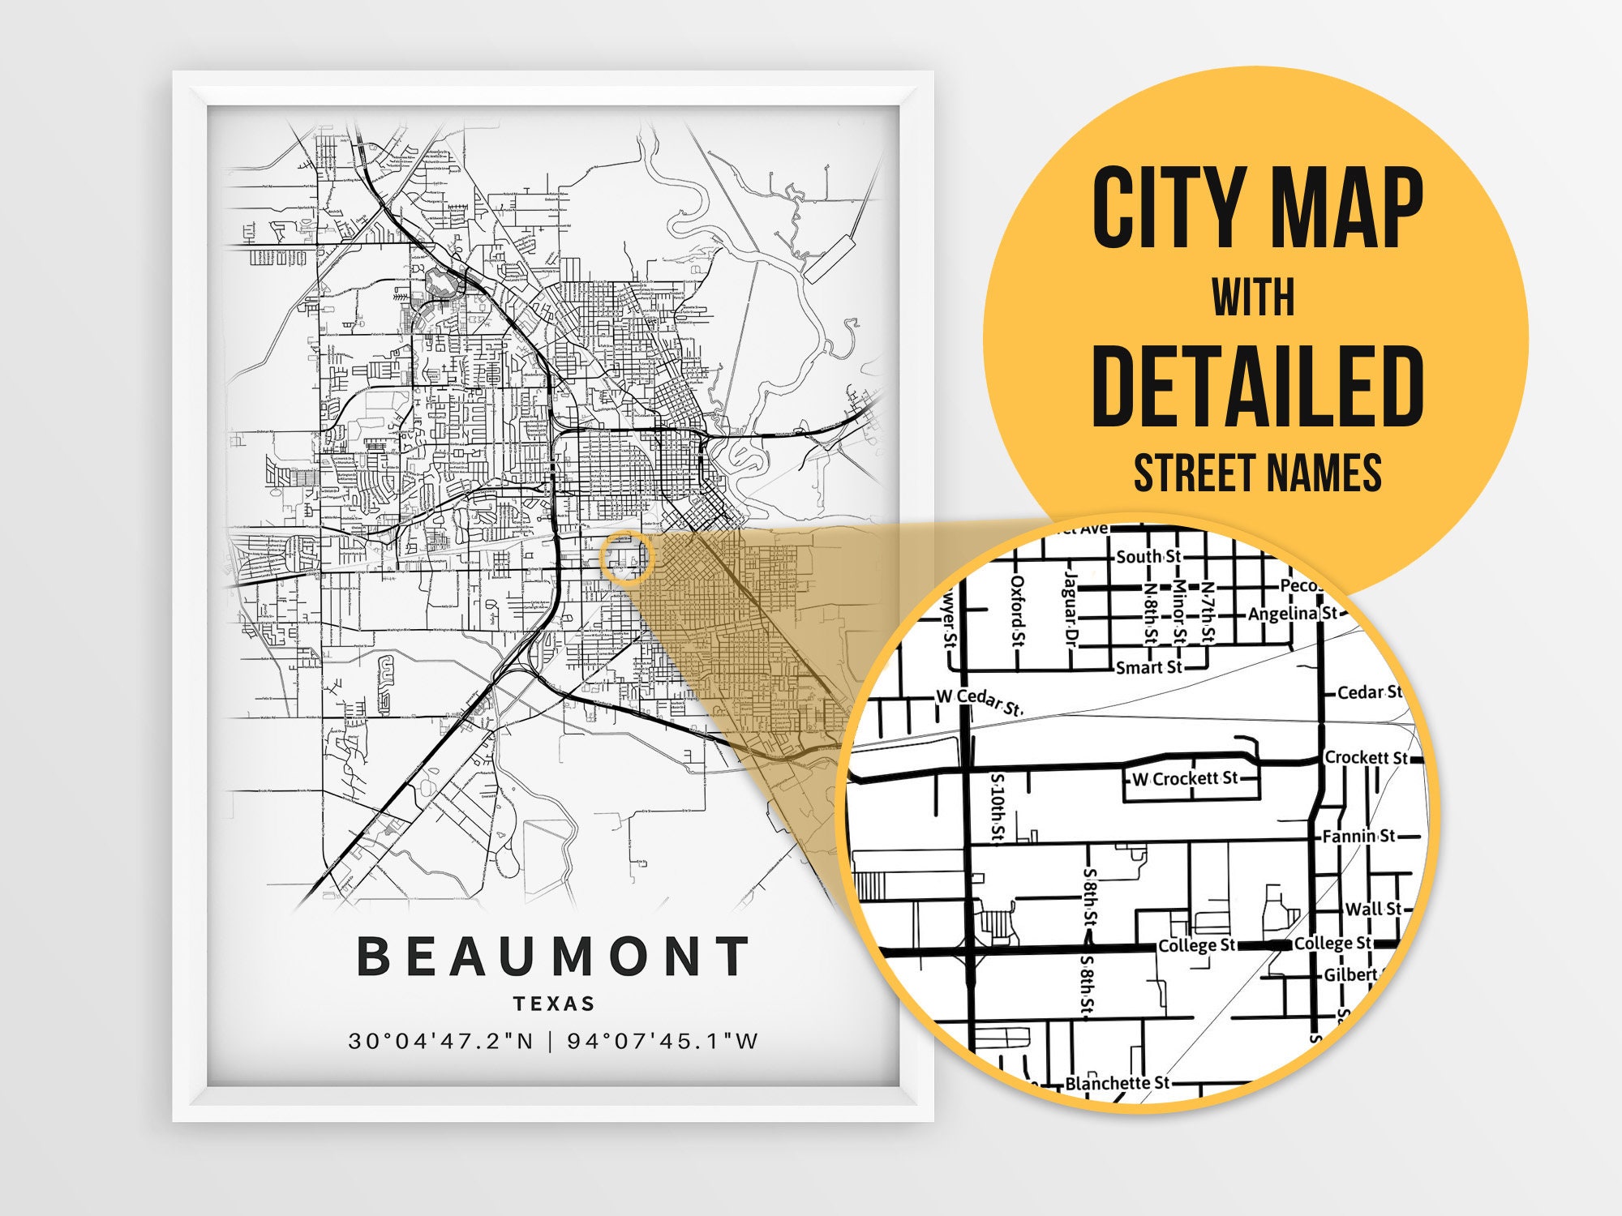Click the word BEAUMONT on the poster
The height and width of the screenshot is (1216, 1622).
click(553, 956)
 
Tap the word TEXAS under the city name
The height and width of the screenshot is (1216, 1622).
click(555, 1004)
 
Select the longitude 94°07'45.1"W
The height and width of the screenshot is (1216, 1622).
click(663, 1041)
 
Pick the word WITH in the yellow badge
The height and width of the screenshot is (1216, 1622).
click(1253, 298)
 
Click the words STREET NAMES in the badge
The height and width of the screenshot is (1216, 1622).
click(1257, 473)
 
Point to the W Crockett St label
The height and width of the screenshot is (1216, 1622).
click(1185, 779)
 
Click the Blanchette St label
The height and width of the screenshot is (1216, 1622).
click(1117, 1083)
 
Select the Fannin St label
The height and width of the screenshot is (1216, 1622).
click(1358, 836)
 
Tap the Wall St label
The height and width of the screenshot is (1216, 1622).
click(1372, 909)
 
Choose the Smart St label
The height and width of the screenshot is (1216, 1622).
click(1148, 667)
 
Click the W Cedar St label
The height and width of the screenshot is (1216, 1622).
click(980, 700)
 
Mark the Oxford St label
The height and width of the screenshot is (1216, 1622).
click(1018, 611)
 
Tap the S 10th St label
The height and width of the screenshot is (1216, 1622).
click(998, 807)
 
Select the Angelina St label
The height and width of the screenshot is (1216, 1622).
click(1292, 614)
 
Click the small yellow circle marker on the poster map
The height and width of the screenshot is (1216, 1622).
click(627, 558)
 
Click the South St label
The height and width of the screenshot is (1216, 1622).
click(1148, 557)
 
